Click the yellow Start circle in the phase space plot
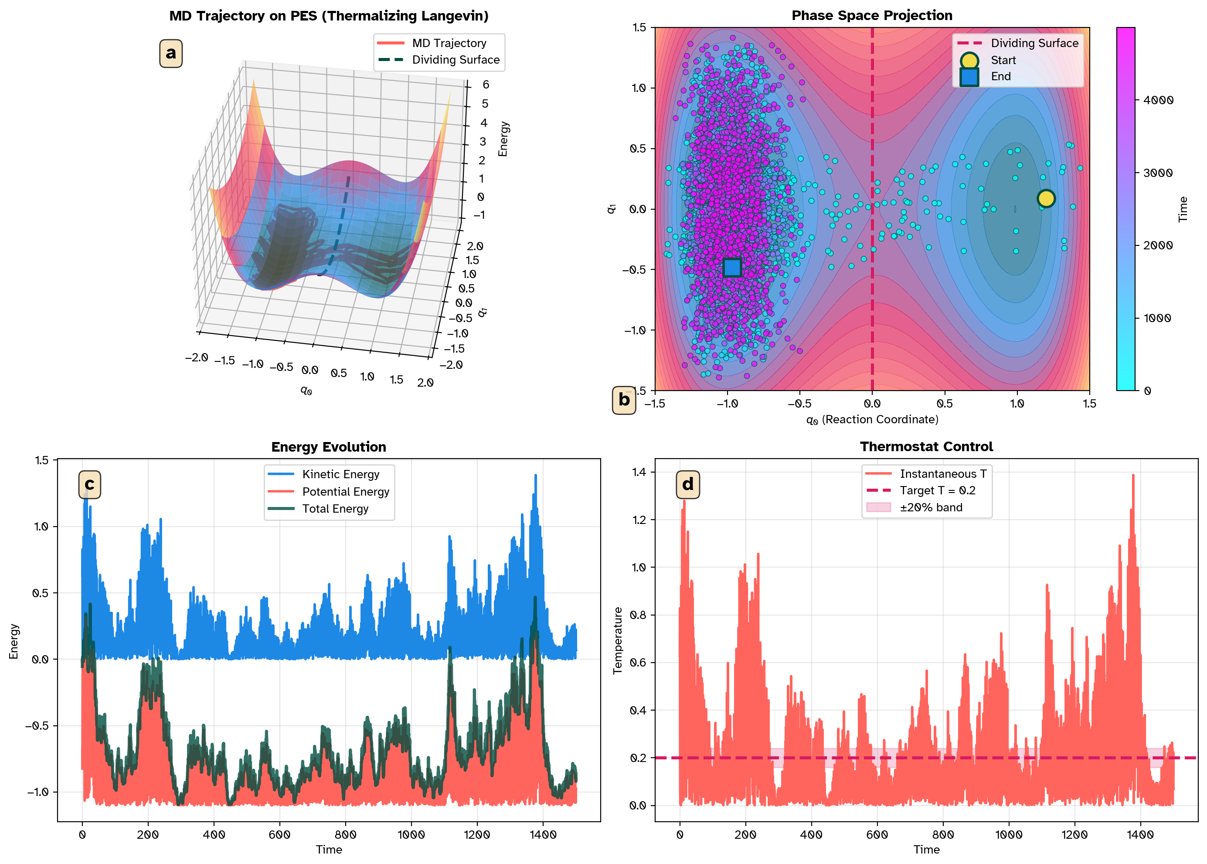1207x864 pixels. pyautogui.click(x=1045, y=198)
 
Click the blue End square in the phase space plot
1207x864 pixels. pyautogui.click(x=732, y=267)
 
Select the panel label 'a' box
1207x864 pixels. pyautogui.click(x=171, y=53)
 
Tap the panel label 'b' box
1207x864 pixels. pyautogui.click(x=623, y=400)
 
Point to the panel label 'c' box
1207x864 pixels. pyautogui.click(x=89, y=484)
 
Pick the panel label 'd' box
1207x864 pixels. pyautogui.click(x=687, y=484)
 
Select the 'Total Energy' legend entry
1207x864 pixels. pyautogui.click(x=335, y=509)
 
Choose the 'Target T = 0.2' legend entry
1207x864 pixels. pyautogui.click(x=937, y=490)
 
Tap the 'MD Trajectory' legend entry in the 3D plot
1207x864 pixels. pyautogui.click(x=449, y=43)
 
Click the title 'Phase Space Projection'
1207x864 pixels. pyautogui.click(x=871, y=15)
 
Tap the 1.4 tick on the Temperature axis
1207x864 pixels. pyautogui.click(x=638, y=472)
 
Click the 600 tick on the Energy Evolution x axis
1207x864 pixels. pyautogui.click(x=279, y=835)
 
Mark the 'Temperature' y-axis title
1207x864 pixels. pyautogui.click(x=618, y=640)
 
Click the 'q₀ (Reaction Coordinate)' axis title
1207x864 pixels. pyautogui.click(x=871, y=420)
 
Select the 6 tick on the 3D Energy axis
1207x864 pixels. pyautogui.click(x=485, y=85)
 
